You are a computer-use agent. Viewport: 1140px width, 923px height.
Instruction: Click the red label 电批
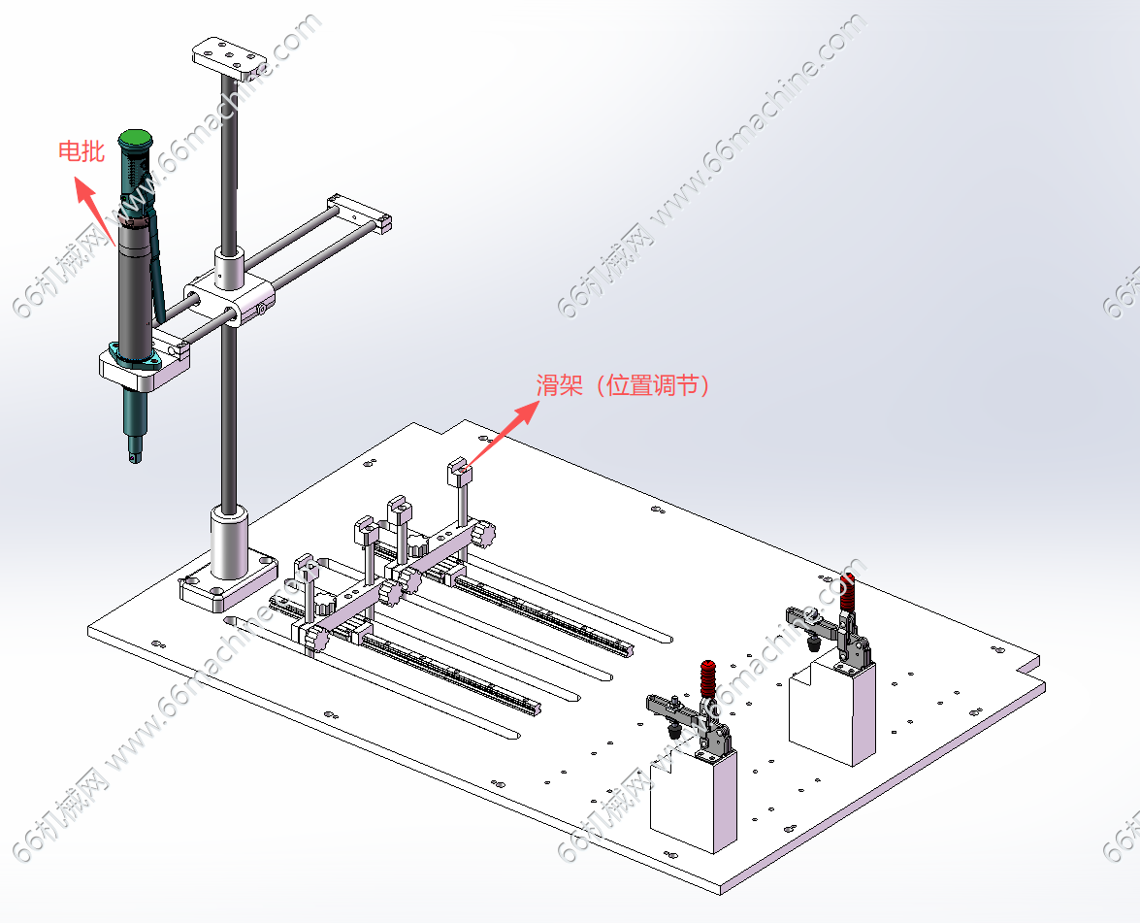(81, 151)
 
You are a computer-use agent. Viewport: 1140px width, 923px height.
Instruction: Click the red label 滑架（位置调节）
(623, 384)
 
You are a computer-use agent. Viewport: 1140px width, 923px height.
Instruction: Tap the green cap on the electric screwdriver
(136, 138)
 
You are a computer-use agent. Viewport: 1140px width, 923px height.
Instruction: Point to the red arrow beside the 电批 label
(95, 212)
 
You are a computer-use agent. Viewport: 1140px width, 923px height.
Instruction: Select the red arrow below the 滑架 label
(504, 433)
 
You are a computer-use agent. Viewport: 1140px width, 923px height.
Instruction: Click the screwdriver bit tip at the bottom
(135, 457)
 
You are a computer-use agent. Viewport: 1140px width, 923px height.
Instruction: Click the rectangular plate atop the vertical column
(229, 58)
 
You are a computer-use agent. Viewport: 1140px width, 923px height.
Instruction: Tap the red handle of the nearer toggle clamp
(708, 679)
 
